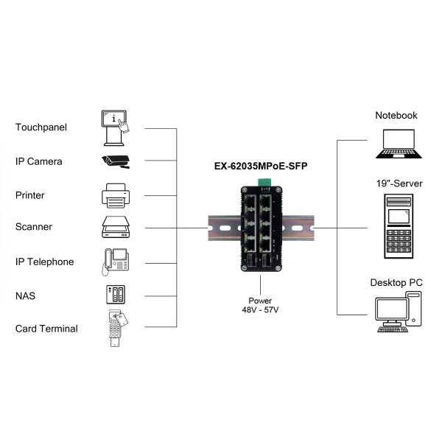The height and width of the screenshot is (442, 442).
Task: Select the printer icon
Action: tap(116, 195)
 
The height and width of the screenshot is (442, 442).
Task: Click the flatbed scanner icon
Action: tap(116, 227)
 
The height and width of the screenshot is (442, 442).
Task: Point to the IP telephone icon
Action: tap(116, 262)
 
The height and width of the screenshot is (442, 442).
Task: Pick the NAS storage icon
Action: tap(115, 295)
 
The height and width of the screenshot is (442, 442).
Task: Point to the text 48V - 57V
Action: tap(260, 310)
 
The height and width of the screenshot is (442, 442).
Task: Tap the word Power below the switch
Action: tap(260, 301)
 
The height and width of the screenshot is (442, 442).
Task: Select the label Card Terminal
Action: tap(46, 329)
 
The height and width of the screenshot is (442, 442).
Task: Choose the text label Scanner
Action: tap(34, 227)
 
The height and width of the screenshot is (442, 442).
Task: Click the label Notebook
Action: tap(396, 115)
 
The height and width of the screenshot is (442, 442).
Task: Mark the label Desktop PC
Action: tap(396, 282)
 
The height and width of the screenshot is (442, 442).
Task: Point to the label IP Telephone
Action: tap(45, 262)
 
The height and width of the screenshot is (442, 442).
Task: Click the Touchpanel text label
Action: tap(41, 127)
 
